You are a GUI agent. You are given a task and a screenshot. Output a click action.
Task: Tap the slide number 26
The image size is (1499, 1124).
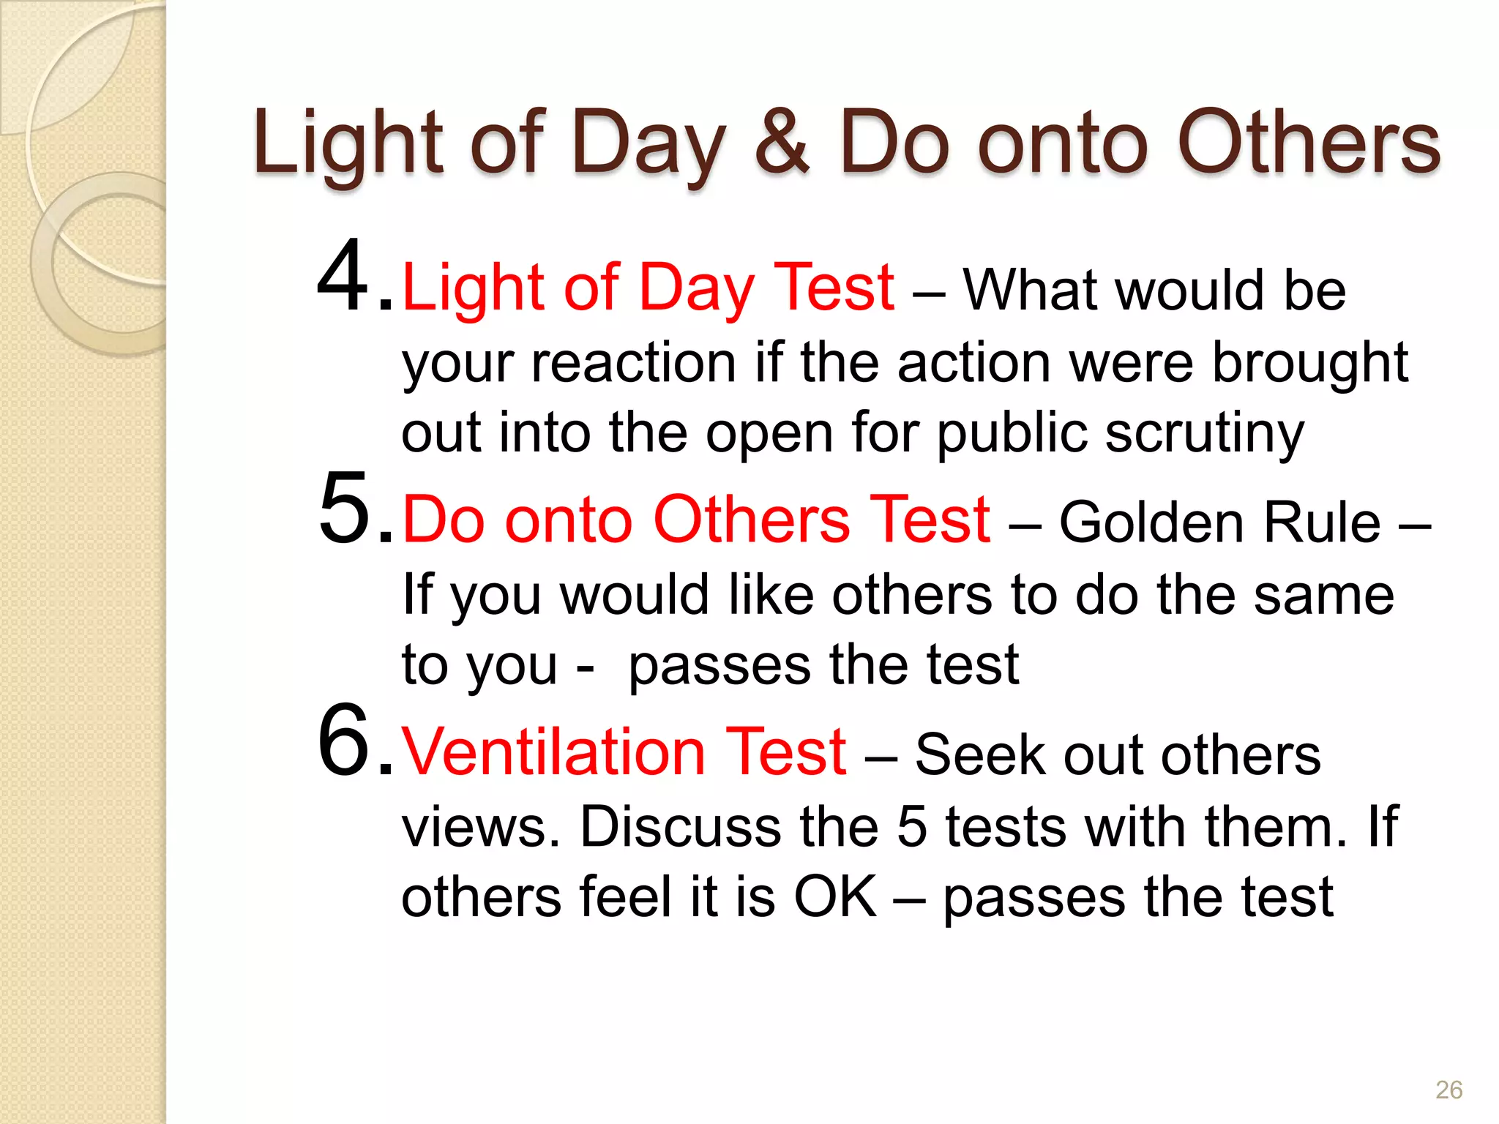[x=1448, y=1090]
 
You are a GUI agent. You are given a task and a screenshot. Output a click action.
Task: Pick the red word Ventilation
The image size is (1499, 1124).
[x=553, y=752]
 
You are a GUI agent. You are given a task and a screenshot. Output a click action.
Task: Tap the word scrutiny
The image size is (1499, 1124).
[x=1205, y=434]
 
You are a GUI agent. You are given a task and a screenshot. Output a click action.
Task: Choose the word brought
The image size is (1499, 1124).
[x=1310, y=364]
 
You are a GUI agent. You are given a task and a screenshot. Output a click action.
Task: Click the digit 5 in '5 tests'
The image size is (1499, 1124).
[x=912, y=827]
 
